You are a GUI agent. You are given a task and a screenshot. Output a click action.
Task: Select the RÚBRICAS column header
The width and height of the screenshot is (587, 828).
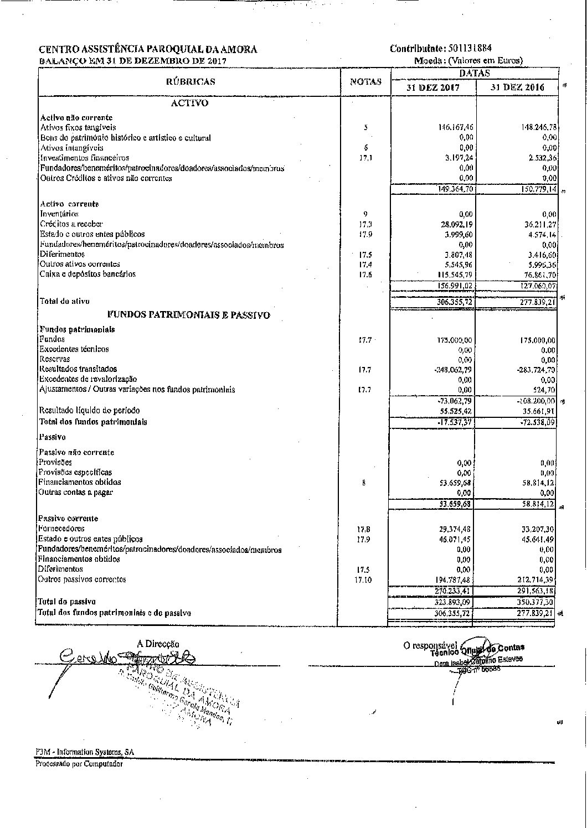tap(190, 82)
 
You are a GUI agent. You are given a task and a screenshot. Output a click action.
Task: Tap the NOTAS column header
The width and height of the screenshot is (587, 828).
tap(366, 82)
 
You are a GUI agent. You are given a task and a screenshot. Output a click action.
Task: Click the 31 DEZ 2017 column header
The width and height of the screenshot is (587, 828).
tap(433, 87)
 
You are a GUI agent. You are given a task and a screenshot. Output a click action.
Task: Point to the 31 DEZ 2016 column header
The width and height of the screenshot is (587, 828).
tap(517, 87)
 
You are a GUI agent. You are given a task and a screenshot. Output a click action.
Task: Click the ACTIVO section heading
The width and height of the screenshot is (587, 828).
tap(190, 103)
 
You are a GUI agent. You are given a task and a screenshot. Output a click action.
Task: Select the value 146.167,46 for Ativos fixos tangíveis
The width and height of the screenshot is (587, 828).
tap(455, 127)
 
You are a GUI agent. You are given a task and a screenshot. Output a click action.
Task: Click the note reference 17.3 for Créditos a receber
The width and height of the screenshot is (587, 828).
tap(365, 225)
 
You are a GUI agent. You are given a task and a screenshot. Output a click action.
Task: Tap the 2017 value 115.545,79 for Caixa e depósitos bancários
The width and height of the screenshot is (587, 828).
tap(455, 275)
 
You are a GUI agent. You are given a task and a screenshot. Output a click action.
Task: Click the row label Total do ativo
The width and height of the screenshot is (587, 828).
tap(64, 301)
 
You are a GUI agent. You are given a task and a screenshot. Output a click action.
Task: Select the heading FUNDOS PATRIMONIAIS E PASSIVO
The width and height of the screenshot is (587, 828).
tap(189, 315)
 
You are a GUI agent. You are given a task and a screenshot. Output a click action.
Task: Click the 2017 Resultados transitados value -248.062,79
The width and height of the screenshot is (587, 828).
tap(454, 369)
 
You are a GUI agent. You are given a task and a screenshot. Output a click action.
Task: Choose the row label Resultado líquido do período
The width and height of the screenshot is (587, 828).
tap(89, 411)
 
